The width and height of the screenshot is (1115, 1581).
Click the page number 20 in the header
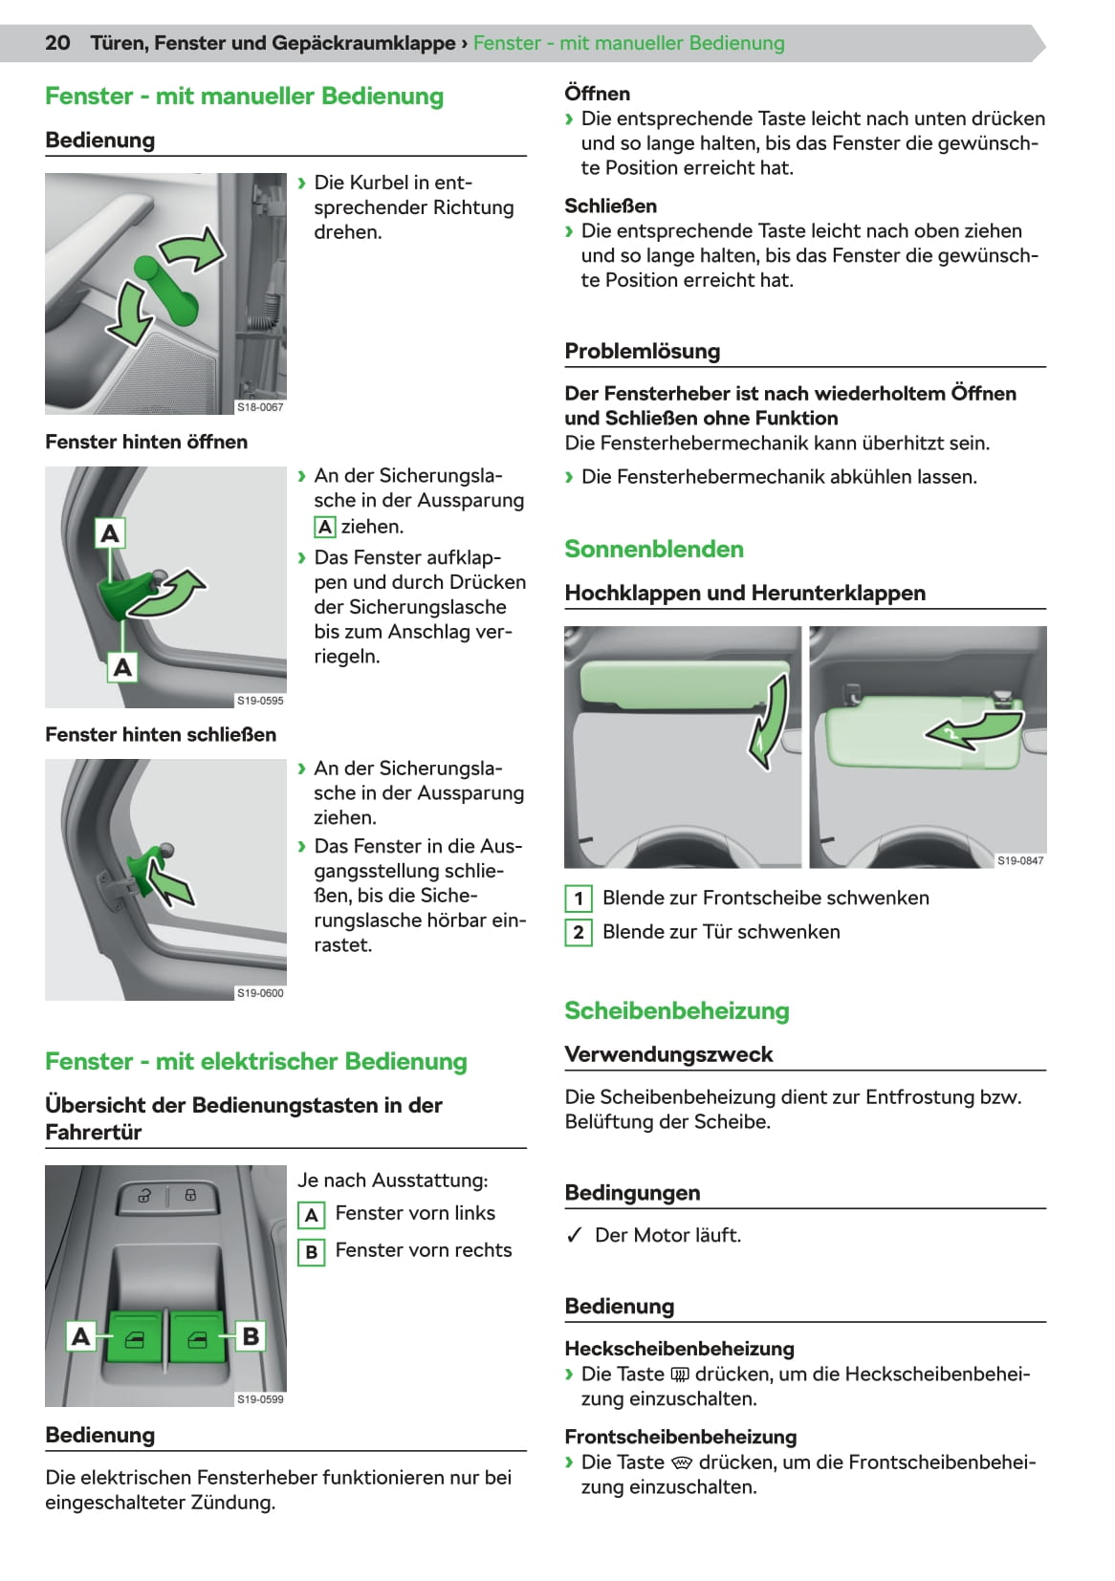coord(57,43)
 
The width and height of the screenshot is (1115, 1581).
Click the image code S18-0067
coord(260,407)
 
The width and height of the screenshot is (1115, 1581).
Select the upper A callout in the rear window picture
coord(110,532)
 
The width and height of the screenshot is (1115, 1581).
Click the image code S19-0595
coord(260,701)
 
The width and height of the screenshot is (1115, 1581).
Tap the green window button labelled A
coord(135,1336)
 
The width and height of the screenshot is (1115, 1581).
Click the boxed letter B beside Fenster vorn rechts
coord(311,1251)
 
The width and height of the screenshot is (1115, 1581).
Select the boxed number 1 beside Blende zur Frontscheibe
coord(578,899)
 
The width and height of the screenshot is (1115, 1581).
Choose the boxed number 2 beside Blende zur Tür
coord(578,933)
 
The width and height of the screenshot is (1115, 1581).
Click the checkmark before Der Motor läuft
coord(574,1235)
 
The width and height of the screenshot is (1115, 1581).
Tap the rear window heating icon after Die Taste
coord(680,1375)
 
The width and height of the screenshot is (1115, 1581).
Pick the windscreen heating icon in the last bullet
coord(682,1462)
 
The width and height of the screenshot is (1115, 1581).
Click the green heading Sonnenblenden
coord(654,549)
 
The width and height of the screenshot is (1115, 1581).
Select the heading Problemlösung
coord(643,351)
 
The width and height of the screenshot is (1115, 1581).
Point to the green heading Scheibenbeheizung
coord(677,1010)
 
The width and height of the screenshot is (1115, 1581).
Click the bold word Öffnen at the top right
coord(598,94)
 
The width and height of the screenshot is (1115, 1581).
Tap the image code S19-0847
coord(1020,860)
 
